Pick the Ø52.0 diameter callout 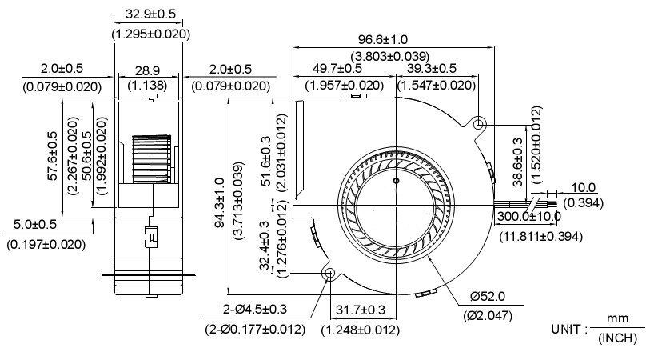(x=488, y=298)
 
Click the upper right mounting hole (x=479, y=125)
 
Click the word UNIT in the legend (x=568, y=330)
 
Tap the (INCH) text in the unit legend (x=617, y=339)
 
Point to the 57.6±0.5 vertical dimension (x=53, y=157)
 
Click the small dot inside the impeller (x=395, y=182)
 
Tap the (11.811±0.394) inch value (x=541, y=236)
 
